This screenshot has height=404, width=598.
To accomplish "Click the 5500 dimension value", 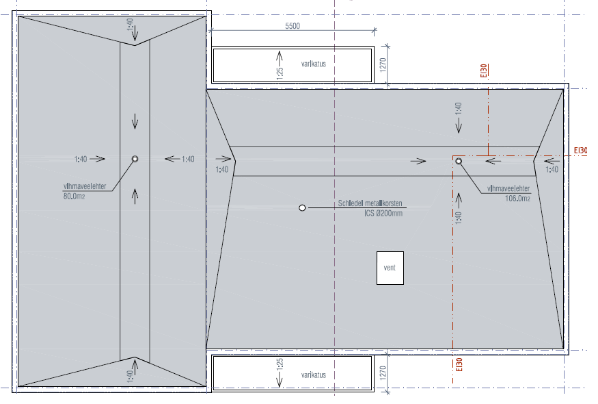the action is point(293,26).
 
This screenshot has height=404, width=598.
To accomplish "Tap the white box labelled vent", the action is point(390,268).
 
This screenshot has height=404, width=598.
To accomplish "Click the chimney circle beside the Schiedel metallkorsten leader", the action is point(302,208).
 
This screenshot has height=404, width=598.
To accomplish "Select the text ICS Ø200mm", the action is point(383,213).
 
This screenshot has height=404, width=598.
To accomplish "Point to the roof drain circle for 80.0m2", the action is point(135,159).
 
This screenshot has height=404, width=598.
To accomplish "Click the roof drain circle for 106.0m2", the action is point(459,162).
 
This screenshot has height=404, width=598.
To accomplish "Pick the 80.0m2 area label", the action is point(74,197).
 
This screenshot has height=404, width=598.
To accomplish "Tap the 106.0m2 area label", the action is point(517,199).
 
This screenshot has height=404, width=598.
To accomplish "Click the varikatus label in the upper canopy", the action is point(314,64).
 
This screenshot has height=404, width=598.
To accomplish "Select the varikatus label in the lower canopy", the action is point(314,375).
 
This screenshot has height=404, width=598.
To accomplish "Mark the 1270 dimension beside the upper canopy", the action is point(383,65).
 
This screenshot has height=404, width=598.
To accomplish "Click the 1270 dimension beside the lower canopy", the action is point(383,373).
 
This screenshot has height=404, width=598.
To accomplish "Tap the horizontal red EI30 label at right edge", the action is point(580,151).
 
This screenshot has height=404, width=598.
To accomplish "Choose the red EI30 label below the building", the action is point(459,365).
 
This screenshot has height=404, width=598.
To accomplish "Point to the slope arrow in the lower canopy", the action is point(280,379).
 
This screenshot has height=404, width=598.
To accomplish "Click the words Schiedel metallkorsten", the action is point(370,203).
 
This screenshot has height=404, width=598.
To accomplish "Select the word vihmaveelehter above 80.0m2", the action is point(85,186).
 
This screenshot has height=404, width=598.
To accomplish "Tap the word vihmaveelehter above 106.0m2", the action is point(508,188).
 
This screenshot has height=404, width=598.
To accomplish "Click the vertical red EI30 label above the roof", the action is point(484,71).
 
